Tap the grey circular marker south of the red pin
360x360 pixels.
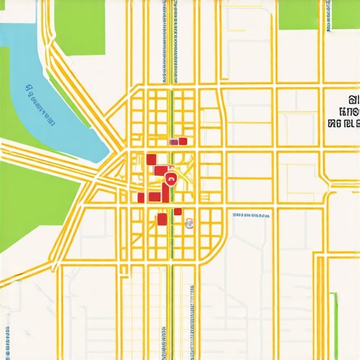point(188,224)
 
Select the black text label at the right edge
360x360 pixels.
point(344,112)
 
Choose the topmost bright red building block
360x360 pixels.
point(183,141)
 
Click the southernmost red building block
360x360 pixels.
point(162,220)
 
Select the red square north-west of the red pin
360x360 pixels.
point(150,159)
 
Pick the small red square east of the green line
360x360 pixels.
point(178,212)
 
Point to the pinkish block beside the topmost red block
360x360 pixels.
point(172,142)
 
